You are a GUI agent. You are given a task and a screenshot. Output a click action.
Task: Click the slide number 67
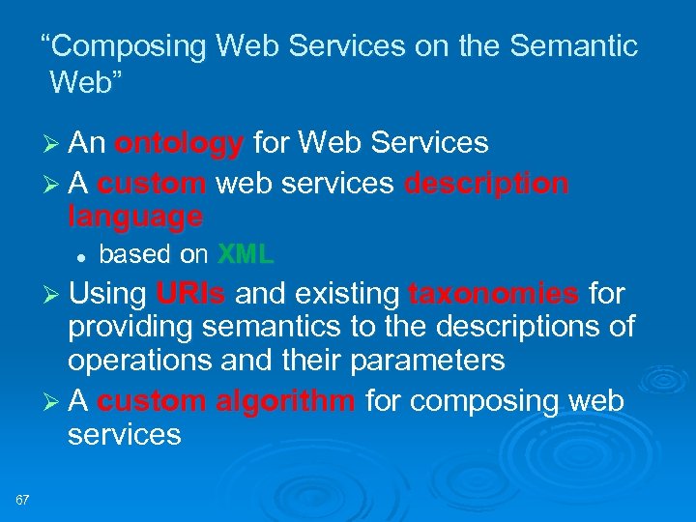tap(23, 499)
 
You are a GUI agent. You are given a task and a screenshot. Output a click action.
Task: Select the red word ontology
tap(179, 144)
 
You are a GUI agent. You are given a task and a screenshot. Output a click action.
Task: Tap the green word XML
tap(246, 255)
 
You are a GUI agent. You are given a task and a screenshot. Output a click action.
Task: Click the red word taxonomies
tap(494, 293)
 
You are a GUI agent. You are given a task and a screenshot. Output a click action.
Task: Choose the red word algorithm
tap(285, 400)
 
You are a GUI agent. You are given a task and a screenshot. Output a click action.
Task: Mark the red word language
tap(135, 217)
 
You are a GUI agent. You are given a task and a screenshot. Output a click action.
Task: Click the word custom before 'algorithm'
tap(152, 400)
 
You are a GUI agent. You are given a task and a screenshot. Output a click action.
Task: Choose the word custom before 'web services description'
tap(152, 183)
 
